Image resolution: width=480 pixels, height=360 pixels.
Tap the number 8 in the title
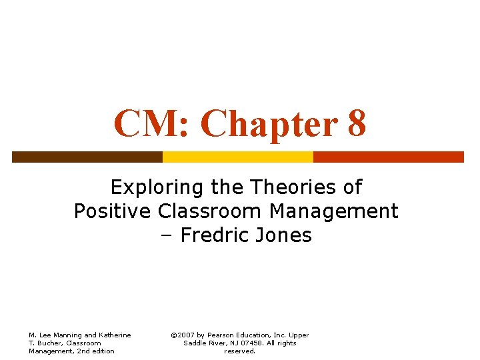(x=357, y=123)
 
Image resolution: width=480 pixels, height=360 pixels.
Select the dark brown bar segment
(x=87, y=157)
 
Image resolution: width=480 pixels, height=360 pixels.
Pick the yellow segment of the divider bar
(x=237, y=157)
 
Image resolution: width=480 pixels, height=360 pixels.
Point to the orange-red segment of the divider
(x=388, y=157)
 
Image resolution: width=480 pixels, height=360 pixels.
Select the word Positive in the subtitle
(x=113, y=211)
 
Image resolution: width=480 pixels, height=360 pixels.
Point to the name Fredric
(x=217, y=236)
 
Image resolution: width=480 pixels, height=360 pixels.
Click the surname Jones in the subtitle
(x=285, y=236)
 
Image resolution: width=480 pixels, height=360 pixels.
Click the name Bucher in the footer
(x=51, y=343)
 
